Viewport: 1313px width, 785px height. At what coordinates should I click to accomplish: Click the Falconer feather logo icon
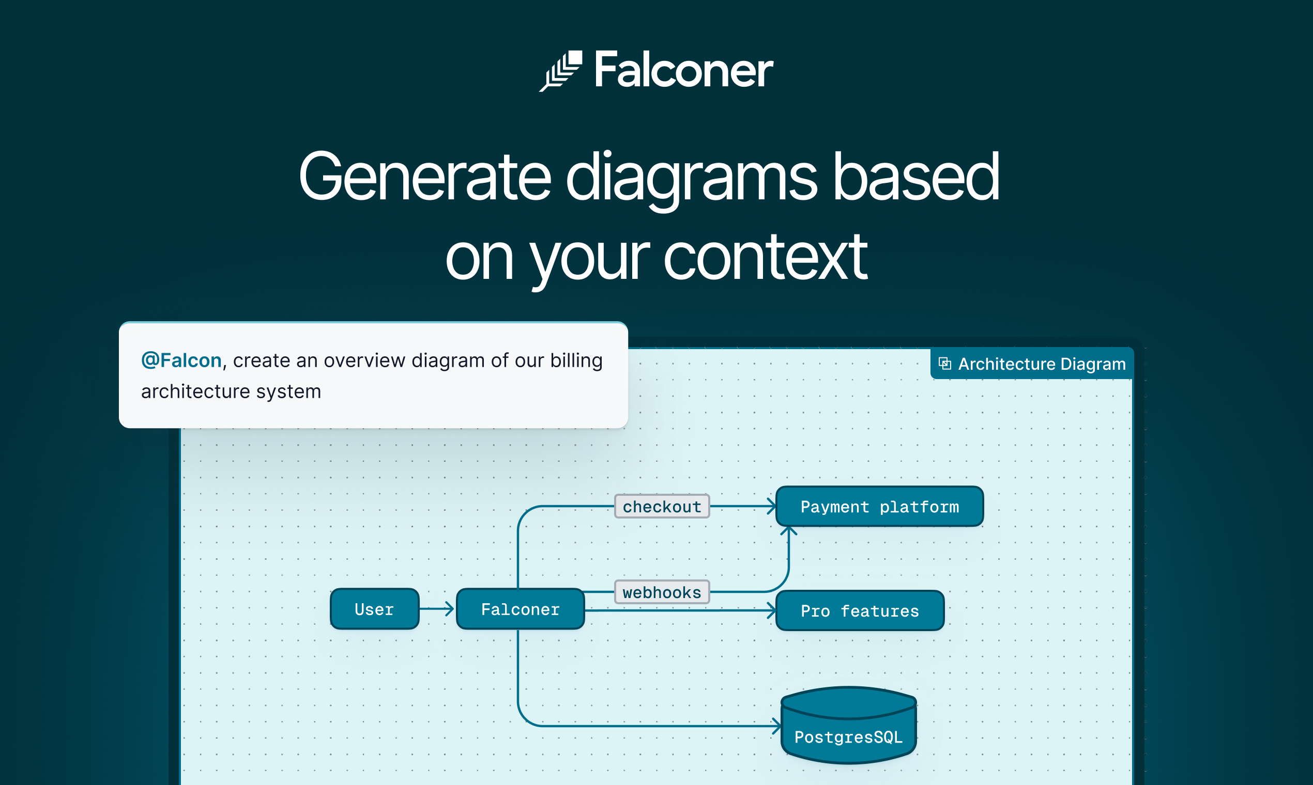tap(561, 71)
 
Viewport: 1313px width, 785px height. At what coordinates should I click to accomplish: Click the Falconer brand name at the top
tap(683, 70)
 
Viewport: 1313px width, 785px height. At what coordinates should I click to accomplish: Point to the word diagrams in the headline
tap(692, 178)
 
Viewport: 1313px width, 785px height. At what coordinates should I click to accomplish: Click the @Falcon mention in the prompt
tap(181, 360)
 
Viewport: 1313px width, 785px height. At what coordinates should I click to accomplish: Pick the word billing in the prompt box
tap(576, 360)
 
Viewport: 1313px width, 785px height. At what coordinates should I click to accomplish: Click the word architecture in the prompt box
tap(195, 391)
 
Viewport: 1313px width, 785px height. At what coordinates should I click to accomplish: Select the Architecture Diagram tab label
tap(1042, 364)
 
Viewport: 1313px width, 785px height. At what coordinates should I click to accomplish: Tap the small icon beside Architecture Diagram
tap(945, 364)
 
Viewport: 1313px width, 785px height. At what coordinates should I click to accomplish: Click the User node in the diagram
tap(374, 609)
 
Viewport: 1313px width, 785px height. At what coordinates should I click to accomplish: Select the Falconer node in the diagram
tap(520, 609)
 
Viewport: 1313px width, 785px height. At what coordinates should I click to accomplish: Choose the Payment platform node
tap(879, 507)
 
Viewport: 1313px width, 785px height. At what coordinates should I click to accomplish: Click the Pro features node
tap(860, 611)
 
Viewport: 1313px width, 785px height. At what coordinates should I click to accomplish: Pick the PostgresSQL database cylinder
tap(849, 727)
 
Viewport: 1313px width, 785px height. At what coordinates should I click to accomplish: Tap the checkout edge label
tap(662, 507)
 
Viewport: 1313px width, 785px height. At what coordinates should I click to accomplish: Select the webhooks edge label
tap(662, 592)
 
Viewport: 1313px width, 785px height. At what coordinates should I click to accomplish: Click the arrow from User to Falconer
tap(437, 609)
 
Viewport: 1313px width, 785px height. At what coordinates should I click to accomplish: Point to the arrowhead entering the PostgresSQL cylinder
tap(776, 726)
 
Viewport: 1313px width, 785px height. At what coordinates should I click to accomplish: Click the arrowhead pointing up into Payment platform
tap(789, 530)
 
